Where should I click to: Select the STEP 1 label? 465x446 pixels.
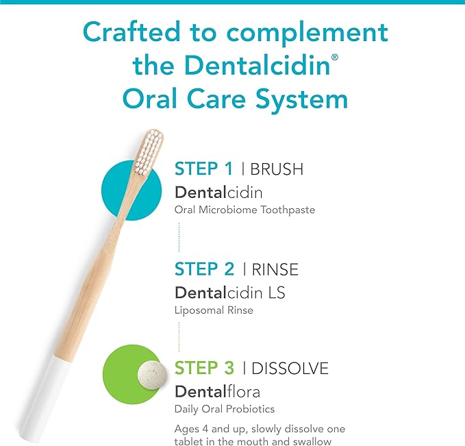pyautogui.click(x=203, y=169)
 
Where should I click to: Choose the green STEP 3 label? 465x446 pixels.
pyautogui.click(x=204, y=369)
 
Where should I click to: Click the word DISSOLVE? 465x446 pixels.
pyautogui.click(x=290, y=369)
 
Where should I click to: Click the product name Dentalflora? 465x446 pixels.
pyautogui.click(x=217, y=392)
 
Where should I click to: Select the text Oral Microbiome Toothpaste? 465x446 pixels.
pyautogui.click(x=244, y=210)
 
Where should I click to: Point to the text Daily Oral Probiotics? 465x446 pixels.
pyautogui.click(x=224, y=410)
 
